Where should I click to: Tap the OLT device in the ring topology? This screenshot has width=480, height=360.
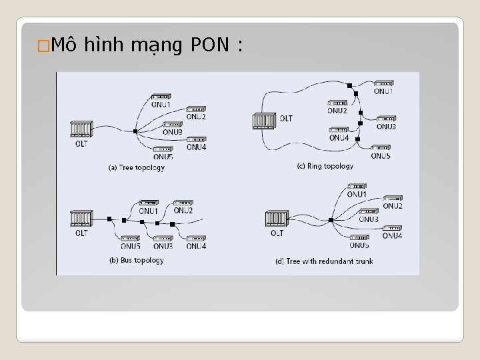click(263, 121)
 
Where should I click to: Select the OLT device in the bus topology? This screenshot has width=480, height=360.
click(81, 219)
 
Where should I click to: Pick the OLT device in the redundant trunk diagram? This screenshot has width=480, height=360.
click(276, 219)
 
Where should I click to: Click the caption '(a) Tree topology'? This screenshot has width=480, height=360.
click(136, 167)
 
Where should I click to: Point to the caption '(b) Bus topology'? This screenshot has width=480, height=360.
click(135, 260)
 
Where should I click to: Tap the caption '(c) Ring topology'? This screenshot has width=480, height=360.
click(325, 166)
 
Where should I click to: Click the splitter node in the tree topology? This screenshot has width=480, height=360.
click(135, 131)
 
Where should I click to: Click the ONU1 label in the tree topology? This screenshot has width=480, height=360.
click(160, 105)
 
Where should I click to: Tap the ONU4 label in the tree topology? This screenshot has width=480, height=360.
click(195, 147)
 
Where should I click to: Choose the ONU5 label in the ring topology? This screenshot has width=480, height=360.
click(380, 156)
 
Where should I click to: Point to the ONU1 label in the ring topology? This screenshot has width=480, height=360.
click(383, 91)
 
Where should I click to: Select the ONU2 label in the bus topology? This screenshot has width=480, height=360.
click(183, 211)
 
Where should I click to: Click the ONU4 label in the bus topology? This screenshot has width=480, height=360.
click(196, 246)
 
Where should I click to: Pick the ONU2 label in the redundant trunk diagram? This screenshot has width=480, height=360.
click(392, 206)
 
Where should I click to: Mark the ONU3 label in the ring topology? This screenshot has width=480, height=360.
click(386, 127)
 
